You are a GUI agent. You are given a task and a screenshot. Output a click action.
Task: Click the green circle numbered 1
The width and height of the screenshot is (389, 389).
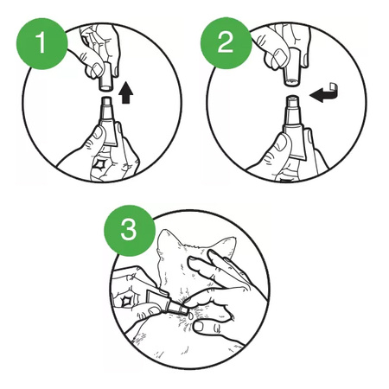(41, 43)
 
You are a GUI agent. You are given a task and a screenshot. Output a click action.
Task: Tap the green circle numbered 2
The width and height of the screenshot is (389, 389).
(226, 43)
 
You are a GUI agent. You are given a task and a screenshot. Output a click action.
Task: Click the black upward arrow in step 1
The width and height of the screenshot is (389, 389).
(126, 92)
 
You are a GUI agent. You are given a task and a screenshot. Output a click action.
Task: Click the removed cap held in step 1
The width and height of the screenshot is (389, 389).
(106, 77)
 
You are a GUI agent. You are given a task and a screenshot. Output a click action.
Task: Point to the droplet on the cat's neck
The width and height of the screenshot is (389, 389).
(190, 316)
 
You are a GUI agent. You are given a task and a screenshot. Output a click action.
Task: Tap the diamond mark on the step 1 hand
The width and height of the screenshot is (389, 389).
(100, 165)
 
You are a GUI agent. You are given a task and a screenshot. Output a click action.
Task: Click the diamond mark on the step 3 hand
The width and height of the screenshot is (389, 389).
(127, 302)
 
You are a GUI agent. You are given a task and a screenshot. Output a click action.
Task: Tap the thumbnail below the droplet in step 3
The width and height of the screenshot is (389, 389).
(199, 327)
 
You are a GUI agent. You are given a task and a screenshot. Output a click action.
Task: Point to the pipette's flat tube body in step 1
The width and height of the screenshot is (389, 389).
(109, 131)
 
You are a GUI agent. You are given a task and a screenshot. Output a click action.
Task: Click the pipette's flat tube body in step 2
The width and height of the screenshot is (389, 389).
(295, 141)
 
